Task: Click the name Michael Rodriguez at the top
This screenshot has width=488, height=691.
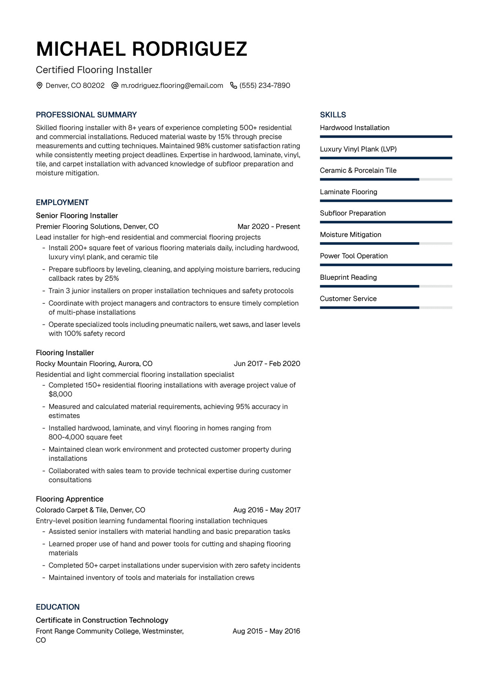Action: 142,49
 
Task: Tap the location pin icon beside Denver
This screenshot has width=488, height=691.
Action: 39,86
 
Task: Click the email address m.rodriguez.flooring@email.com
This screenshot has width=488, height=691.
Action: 172,86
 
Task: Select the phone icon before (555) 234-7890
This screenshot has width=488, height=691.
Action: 233,86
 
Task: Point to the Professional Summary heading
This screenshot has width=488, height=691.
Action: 86,115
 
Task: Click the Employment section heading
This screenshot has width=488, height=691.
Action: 62,202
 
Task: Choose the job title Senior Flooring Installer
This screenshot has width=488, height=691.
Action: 77,215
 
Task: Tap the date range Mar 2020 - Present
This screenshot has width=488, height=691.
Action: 269,226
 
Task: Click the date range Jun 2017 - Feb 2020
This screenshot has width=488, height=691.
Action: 267,364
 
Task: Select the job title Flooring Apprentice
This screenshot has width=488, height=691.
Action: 70,499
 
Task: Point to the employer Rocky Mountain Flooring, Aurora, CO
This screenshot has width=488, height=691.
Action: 94,364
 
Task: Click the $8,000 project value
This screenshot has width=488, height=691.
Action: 60,394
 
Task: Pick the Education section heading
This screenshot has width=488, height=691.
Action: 58,607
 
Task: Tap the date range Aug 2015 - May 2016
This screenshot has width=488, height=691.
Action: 266,631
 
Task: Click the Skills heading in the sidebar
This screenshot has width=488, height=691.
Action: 333,115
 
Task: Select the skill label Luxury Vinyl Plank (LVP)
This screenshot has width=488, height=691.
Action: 358,149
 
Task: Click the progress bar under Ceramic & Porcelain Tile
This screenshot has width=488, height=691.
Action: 386,179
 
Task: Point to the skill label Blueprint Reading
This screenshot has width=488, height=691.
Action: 349,277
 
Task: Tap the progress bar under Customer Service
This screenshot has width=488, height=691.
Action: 386,307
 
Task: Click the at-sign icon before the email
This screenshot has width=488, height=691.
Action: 115,86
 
